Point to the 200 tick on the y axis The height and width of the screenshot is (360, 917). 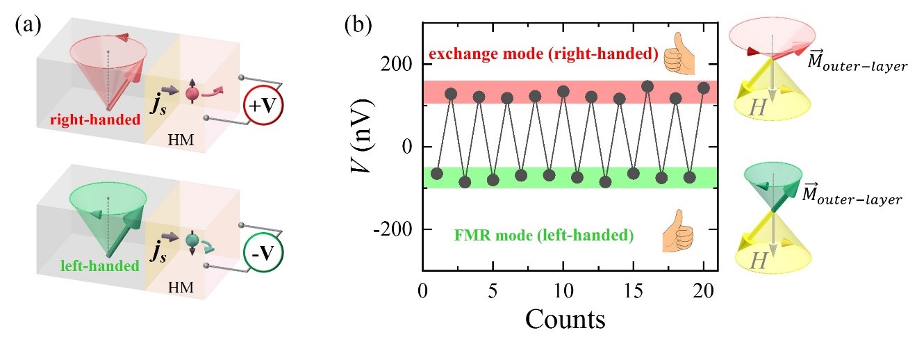[x=399, y=65]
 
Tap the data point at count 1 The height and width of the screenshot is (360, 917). [x=437, y=173]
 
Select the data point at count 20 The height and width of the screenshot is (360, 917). [x=703, y=88]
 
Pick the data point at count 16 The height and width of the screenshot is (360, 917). [x=647, y=86]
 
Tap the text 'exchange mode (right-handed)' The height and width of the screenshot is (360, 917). [x=544, y=54]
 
